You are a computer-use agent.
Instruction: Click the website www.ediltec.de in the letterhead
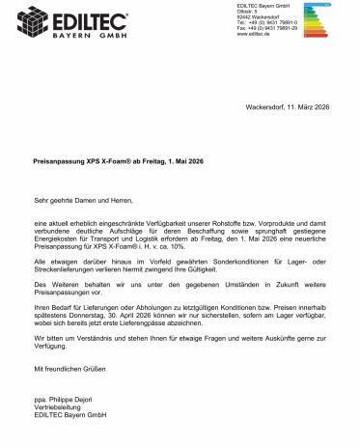[253, 44]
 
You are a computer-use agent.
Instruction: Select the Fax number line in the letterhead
[267, 38]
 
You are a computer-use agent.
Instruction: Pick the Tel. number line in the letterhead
[267, 31]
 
